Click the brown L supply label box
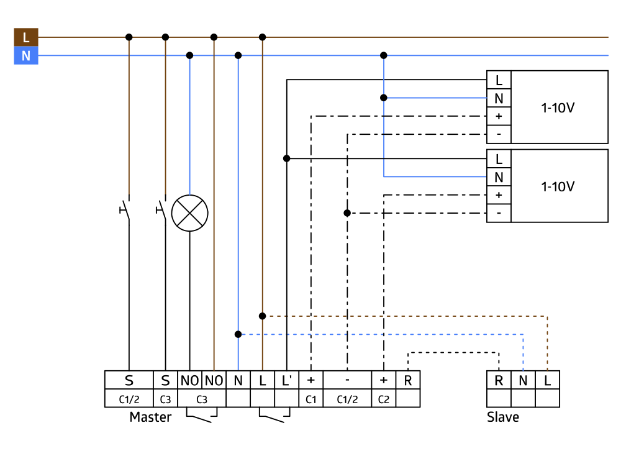[x=26, y=37]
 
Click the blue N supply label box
[x=26, y=56]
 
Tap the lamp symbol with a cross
[x=189, y=213]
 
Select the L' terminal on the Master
[x=286, y=380]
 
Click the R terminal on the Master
[x=407, y=380]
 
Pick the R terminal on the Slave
[x=499, y=380]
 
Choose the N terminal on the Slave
[x=523, y=380]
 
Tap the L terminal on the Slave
[x=547, y=380]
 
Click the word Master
[x=150, y=417]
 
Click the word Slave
[x=503, y=417]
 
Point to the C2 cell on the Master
[x=383, y=399]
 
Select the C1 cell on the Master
[x=310, y=399]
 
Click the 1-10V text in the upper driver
[x=558, y=107]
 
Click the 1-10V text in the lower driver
[x=558, y=186]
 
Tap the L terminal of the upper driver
[x=499, y=80]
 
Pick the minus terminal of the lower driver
[x=499, y=213]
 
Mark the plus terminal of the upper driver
[x=499, y=116]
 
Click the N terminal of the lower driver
[x=499, y=177]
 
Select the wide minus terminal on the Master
[x=347, y=380]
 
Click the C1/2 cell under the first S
[x=129, y=399]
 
